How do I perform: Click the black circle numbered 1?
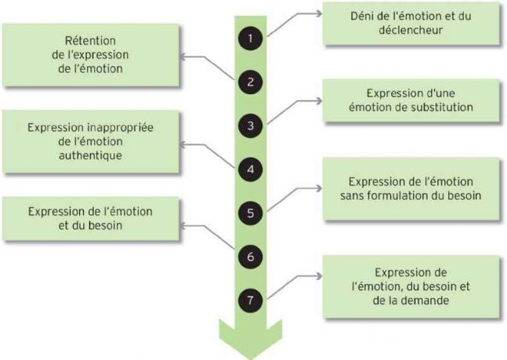250,38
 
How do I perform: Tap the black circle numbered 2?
250,82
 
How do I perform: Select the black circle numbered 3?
250,125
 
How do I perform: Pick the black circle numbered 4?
250,169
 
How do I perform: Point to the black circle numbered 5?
250,213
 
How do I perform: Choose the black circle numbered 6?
250,256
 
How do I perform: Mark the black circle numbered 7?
250,300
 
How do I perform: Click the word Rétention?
90,41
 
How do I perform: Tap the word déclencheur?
411,30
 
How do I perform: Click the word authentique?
91,155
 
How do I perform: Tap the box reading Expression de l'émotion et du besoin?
91,219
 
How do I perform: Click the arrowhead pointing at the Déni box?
319,13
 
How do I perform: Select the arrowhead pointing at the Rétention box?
183,57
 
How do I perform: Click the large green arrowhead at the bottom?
251,339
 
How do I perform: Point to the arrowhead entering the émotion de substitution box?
319,101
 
